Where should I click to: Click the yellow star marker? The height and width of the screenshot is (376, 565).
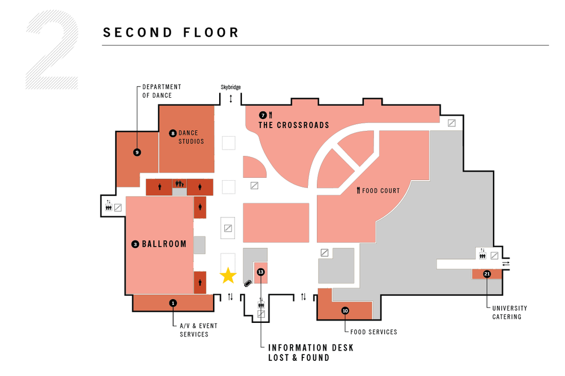[x=228, y=275]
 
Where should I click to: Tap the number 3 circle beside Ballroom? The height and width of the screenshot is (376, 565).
[x=135, y=244]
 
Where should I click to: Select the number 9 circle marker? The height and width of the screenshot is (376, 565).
[x=137, y=152]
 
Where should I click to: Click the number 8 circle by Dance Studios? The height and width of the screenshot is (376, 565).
[x=173, y=133]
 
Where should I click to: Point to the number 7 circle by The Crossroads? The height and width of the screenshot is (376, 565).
[x=263, y=115]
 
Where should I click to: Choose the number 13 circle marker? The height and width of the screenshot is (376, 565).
[x=260, y=272]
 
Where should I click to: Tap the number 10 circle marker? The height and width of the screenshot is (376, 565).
[x=345, y=310]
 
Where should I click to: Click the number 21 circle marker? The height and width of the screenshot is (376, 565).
[x=487, y=274]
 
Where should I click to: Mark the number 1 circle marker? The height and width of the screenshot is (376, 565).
[x=173, y=303]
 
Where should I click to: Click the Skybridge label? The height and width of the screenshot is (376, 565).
[x=231, y=88]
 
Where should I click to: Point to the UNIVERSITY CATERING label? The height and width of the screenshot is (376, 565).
[x=510, y=312]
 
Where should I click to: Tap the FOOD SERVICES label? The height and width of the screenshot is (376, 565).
[x=373, y=332]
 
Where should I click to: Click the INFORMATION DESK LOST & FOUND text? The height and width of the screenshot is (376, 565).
[x=311, y=352]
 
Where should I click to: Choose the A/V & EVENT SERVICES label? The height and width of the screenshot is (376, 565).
[x=198, y=330]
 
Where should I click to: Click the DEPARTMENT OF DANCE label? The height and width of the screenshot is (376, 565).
[x=162, y=91]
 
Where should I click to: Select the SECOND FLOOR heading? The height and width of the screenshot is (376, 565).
[x=171, y=33]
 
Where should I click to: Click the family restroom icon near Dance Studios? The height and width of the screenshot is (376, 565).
[x=180, y=183]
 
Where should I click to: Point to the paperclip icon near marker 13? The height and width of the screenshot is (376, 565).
[x=247, y=284]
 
